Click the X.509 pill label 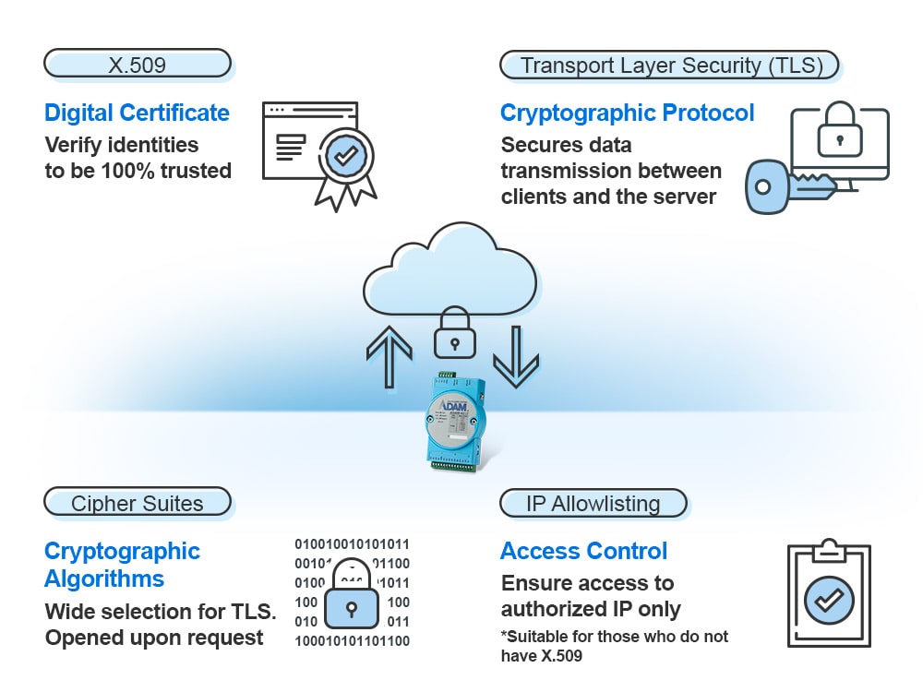pos(137,65)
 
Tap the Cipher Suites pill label pos(137,503)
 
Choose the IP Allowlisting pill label pos(593,504)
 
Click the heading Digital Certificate pos(137,113)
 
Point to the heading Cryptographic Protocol pos(627,113)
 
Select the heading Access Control pos(583,552)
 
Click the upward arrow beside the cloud pos(389,354)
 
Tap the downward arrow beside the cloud pos(515,354)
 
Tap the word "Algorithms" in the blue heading pos(104,579)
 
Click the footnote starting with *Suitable pos(615,646)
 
